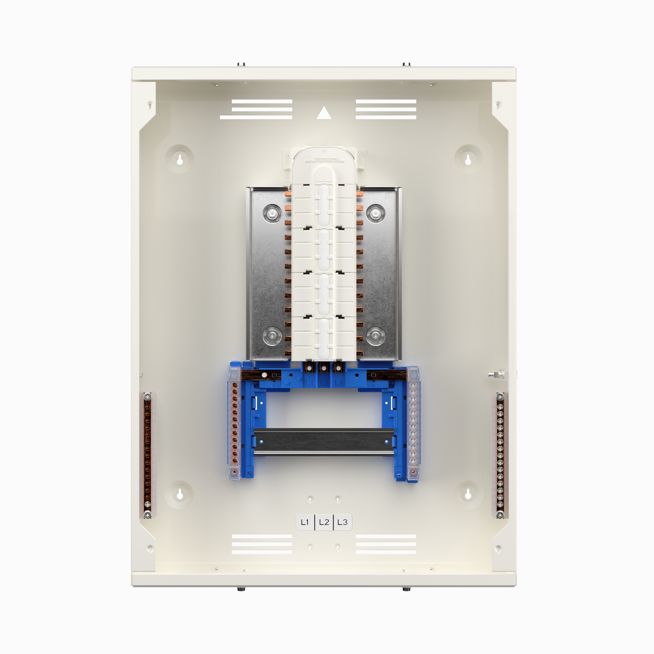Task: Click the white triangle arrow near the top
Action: (x=324, y=113)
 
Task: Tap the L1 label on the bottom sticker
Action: (x=305, y=522)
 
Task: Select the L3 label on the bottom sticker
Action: (x=342, y=522)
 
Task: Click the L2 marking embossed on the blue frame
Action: (x=324, y=383)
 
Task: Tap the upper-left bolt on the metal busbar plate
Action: (x=272, y=214)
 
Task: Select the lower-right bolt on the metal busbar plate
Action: (x=375, y=336)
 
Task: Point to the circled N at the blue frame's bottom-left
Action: (x=249, y=473)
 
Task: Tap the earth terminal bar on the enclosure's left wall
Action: (x=147, y=455)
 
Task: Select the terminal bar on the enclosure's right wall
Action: (x=500, y=455)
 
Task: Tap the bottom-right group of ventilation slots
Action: (x=386, y=544)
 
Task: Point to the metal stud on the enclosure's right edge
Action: (x=495, y=375)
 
